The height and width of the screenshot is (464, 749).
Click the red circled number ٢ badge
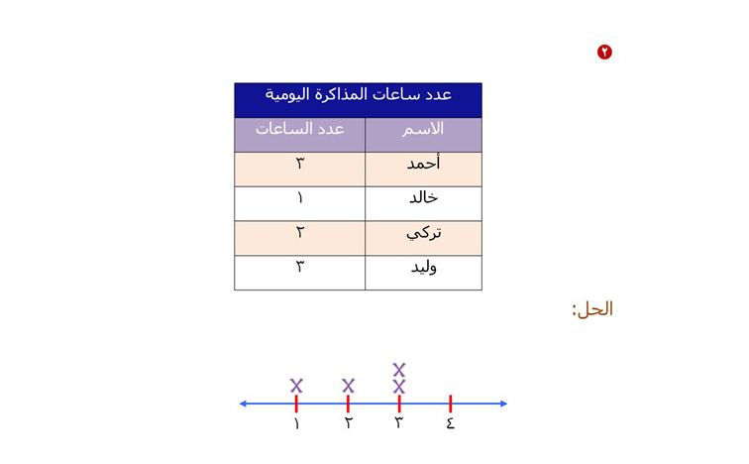coord(604,52)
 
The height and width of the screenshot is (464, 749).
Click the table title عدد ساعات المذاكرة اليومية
coord(359,94)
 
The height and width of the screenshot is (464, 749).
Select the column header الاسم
coord(423,129)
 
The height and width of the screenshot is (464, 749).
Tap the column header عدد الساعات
coord(299,129)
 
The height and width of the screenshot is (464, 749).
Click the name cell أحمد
coord(423,164)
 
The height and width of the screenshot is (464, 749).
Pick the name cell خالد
coord(423,197)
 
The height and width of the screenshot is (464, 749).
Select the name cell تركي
coord(423,233)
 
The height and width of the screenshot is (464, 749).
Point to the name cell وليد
coord(424,267)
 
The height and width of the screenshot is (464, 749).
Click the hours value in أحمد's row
coord(300,164)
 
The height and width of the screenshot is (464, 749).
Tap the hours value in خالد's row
coord(300,198)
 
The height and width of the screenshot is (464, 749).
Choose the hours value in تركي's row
coord(300,232)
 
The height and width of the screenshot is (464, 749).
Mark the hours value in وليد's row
coord(300,267)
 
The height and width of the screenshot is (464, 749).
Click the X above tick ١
coord(296,386)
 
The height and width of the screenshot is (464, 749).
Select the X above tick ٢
coord(348,386)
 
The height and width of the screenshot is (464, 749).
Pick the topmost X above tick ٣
coord(399,370)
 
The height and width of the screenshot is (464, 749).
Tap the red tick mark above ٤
coord(451,404)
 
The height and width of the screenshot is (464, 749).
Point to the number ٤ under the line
coord(451,423)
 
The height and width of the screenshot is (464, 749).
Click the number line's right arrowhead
coord(503,404)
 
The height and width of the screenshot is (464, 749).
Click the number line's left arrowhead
coord(243,404)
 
